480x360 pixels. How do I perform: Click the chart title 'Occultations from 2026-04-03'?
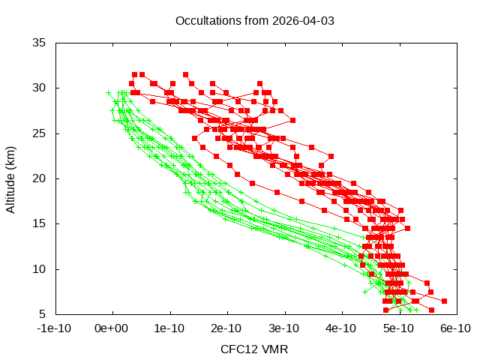[x=254, y=20]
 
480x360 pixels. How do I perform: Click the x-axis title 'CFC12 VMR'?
[x=254, y=349]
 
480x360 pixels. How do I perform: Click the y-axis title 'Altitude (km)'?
[x=10, y=178]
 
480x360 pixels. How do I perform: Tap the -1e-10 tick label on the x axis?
[x=55, y=328]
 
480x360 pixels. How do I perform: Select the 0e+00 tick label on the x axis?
[x=112, y=328]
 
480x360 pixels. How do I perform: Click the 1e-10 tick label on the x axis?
[x=170, y=328]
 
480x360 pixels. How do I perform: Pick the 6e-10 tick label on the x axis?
[x=455, y=328]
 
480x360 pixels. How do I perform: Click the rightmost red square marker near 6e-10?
[x=444, y=301]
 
